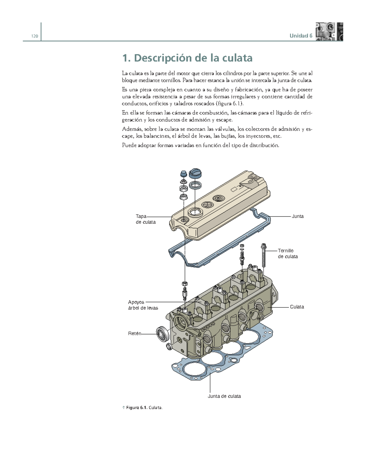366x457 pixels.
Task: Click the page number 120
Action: coord(34,36)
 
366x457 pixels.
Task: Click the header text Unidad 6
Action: coord(301,36)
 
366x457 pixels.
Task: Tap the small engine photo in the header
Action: coord(329,32)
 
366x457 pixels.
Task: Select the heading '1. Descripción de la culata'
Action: coord(187,58)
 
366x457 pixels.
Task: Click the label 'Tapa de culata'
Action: coord(145,219)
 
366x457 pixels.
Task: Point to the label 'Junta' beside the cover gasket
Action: coord(297,216)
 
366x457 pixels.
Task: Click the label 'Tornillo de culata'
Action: coord(288,253)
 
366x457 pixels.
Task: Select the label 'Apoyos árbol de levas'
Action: coord(143,305)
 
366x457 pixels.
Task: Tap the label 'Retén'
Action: coord(135,334)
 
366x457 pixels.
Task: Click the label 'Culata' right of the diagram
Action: coord(297,307)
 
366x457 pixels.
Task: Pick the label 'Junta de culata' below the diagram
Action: coord(224,396)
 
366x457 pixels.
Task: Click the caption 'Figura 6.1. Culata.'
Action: coord(142,408)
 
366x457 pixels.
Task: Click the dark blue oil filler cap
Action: coord(195,173)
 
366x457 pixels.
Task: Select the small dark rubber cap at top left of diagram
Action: coord(184,174)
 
